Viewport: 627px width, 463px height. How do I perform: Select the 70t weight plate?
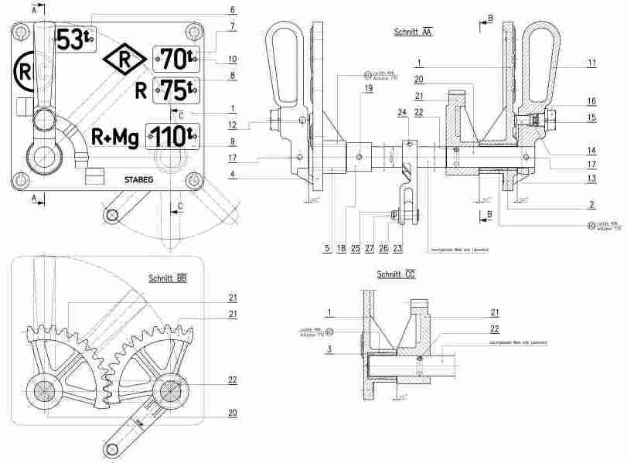click(x=177, y=58)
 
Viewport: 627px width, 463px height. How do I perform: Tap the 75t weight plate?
click(x=177, y=90)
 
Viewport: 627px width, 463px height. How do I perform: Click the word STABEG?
click(x=138, y=179)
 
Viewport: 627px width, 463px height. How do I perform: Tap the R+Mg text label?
click(x=114, y=138)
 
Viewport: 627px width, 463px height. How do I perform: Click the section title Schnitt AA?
click(x=413, y=32)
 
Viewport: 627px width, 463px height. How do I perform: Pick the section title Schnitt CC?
click(x=396, y=274)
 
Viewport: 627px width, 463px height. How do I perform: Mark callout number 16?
click(x=591, y=100)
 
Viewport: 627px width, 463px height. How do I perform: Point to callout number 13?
click(x=591, y=178)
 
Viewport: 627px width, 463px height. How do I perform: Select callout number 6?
click(x=232, y=10)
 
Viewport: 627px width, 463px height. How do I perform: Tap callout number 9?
click(x=232, y=141)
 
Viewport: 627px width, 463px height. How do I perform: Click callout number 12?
click(x=232, y=124)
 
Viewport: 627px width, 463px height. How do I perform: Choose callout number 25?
click(x=355, y=248)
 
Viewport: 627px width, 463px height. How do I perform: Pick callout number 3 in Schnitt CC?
click(x=329, y=349)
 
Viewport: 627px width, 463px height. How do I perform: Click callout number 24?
click(x=403, y=113)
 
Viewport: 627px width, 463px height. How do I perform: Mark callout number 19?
click(x=369, y=89)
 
